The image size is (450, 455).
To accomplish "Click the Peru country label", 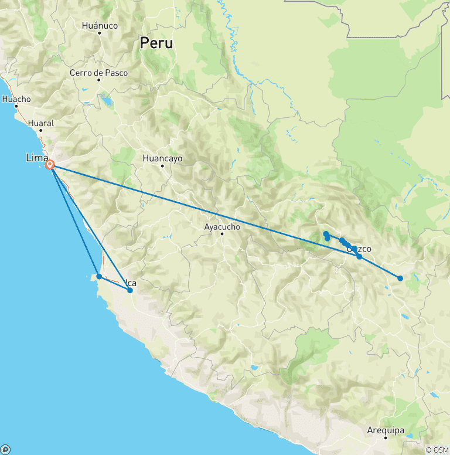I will click(x=156, y=43).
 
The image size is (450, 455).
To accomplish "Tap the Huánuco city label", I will click(x=100, y=26).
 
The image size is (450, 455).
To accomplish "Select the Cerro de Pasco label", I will click(x=98, y=73).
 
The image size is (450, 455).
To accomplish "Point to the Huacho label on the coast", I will click(x=16, y=99).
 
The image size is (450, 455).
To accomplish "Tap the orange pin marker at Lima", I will click(x=50, y=165).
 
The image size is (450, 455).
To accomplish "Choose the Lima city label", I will click(x=36, y=157).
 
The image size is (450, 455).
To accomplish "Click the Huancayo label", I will click(x=163, y=158).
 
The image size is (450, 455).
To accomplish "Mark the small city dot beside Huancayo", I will click(x=163, y=166).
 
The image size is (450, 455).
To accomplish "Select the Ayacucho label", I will click(x=222, y=226).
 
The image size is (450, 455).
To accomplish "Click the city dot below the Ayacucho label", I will click(x=222, y=234).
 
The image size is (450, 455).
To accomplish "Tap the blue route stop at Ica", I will click(x=130, y=290).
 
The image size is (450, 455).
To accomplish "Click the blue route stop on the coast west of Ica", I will click(x=100, y=276).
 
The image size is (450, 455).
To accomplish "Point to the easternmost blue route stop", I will click(x=400, y=278).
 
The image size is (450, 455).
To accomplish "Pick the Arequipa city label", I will click(x=386, y=430).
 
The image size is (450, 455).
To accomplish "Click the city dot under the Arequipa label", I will click(x=386, y=438).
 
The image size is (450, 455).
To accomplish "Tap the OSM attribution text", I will click(x=437, y=450).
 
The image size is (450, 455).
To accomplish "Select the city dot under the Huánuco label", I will click(x=100, y=33).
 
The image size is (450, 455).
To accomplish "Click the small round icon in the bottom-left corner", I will click(x=6, y=450).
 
